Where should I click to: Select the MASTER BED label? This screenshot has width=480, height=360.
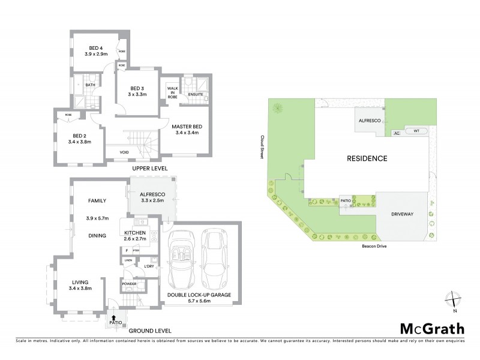tap(185, 127)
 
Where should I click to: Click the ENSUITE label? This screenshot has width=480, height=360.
tap(196, 94)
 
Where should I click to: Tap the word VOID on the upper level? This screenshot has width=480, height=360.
tap(124, 152)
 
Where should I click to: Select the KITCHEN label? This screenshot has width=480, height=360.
tap(136, 232)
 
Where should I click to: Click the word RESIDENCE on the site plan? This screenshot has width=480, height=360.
tap(367, 159)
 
